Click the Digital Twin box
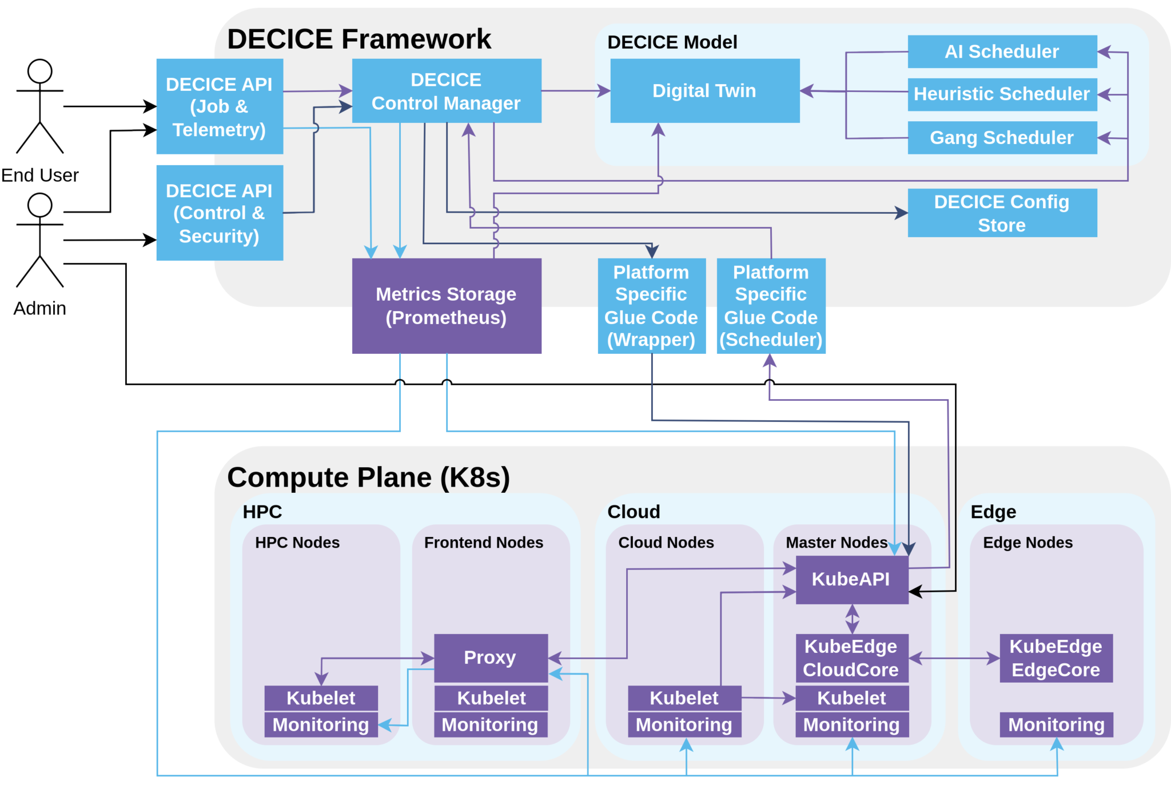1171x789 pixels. pos(704,90)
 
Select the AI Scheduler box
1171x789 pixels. pos(1002,51)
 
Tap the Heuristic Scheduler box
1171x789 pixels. pos(1002,94)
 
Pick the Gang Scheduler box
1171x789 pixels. pos(1002,137)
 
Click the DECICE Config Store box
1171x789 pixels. pos(1002,213)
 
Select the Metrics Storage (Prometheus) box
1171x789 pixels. pos(446,305)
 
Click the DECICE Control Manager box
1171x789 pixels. pos(446,90)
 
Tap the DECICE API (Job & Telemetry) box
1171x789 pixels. pos(220,106)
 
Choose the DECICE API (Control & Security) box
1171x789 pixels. pos(220,213)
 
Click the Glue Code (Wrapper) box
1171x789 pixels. pos(651,305)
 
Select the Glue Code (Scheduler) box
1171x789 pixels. pos(771,305)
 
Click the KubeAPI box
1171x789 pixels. pos(851,579)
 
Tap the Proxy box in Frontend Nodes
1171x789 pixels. pos(491,657)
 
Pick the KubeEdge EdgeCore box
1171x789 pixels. pos(1056,657)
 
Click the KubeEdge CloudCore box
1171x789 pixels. pos(851,657)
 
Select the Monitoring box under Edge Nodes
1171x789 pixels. pos(1056,724)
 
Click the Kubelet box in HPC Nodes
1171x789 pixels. pos(321,698)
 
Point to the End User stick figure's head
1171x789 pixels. pos(40,71)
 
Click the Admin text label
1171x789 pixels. pos(39,308)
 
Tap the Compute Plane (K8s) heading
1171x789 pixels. pos(368,477)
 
